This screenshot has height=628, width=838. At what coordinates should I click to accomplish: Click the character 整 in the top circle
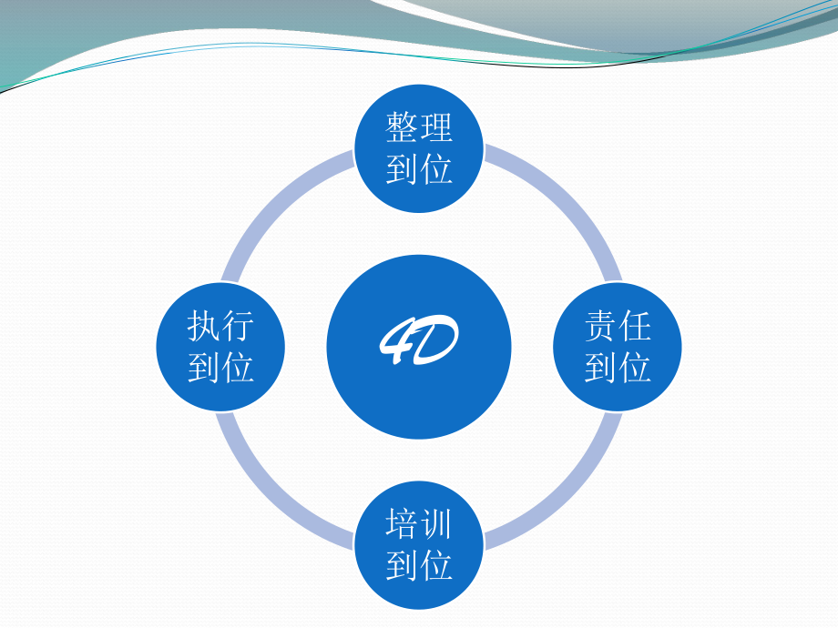point(402,128)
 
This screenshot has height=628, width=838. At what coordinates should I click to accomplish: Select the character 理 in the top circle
point(436,128)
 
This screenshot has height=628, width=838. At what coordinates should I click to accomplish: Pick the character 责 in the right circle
point(601,326)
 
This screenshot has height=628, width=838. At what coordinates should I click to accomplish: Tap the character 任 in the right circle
point(635,326)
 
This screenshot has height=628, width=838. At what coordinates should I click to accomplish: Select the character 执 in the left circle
point(204,326)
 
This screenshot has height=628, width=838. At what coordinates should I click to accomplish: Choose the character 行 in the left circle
point(238,326)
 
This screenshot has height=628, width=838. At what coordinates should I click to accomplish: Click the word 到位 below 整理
point(419,169)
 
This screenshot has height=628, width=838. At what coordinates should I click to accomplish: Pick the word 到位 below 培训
point(419,565)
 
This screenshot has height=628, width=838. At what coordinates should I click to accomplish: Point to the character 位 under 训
point(436,565)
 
